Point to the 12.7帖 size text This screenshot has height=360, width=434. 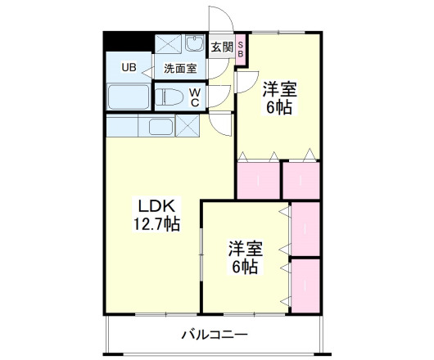(x=156, y=223)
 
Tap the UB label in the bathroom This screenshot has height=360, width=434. (x=129, y=67)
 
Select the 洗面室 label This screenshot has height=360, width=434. (x=179, y=69)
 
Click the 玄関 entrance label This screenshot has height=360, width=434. (x=222, y=47)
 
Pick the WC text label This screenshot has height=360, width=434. (x=194, y=98)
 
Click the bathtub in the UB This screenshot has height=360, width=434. (x=128, y=97)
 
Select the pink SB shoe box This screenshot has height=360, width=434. (x=241, y=47)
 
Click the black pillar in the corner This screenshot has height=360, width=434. (x=120, y=41)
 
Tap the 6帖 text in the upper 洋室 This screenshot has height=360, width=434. (x=278, y=106)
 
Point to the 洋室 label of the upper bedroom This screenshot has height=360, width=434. (x=278, y=88)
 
